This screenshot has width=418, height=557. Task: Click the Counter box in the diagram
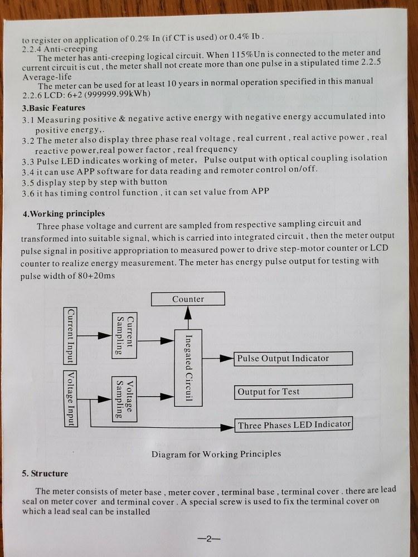coord(188,299)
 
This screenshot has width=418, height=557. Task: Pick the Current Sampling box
coord(125,335)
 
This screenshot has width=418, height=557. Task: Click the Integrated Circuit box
coord(188,368)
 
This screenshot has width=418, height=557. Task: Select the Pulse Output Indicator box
coord(293,358)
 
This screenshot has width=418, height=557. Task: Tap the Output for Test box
coord(293,392)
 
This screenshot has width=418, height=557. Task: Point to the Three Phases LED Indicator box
coord(293,425)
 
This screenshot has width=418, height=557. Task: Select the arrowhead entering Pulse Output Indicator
coord(227,358)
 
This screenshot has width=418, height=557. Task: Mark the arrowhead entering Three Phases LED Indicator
coord(227,427)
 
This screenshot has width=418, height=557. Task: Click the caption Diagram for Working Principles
coord(216,454)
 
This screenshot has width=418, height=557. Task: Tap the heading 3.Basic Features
coord(54,108)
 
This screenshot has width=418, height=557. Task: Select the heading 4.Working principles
coord(64,214)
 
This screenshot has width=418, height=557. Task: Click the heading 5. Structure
coord(45,473)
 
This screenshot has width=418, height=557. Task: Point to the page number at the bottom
coord(209,539)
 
